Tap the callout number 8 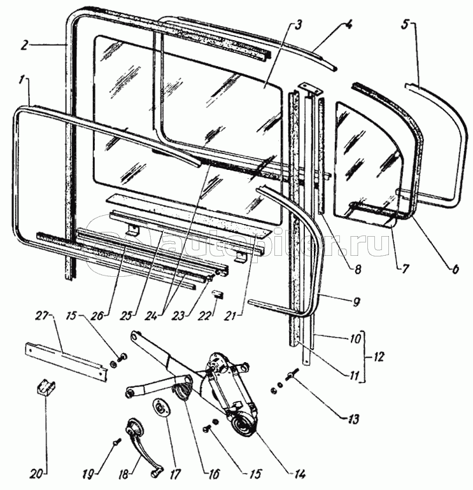pyautogui.click(x=358, y=269)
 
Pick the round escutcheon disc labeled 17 pyautogui.click(x=160, y=406)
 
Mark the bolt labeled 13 pyautogui.click(x=293, y=375)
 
